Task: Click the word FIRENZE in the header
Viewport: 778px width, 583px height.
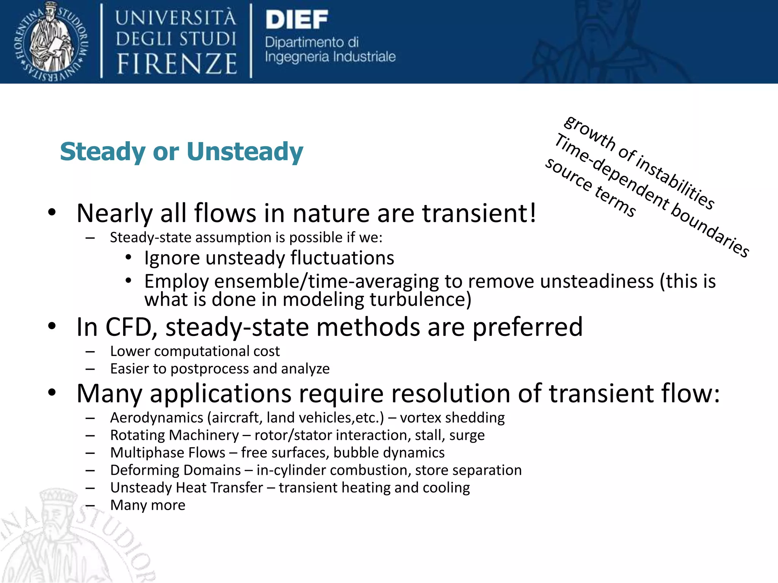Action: [x=177, y=64]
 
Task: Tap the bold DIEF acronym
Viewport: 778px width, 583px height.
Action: [x=297, y=20]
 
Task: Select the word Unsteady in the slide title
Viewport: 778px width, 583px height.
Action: [x=245, y=152]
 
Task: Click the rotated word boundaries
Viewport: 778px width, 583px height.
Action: [x=710, y=231]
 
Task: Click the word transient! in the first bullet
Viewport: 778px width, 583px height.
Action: [x=479, y=213]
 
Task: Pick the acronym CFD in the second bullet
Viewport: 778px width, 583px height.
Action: [x=128, y=327]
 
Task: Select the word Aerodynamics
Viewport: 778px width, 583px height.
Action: [x=157, y=418]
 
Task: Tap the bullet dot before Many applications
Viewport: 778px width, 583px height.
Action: [x=52, y=392]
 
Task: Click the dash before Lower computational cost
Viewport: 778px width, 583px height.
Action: [x=90, y=352]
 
